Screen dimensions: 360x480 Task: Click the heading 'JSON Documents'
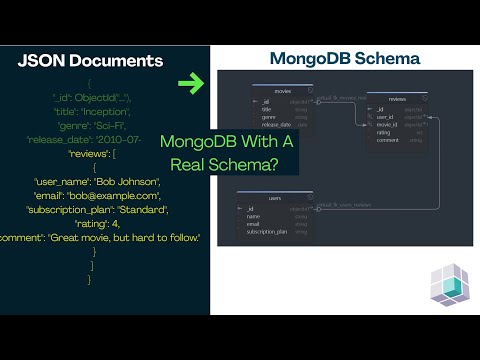tap(90, 61)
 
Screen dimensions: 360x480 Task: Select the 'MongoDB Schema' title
tap(345, 59)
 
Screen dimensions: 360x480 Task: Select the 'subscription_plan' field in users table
tap(269, 231)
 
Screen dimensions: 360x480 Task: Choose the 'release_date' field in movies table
tap(277, 125)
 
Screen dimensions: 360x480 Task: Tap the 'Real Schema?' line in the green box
tap(234, 161)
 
